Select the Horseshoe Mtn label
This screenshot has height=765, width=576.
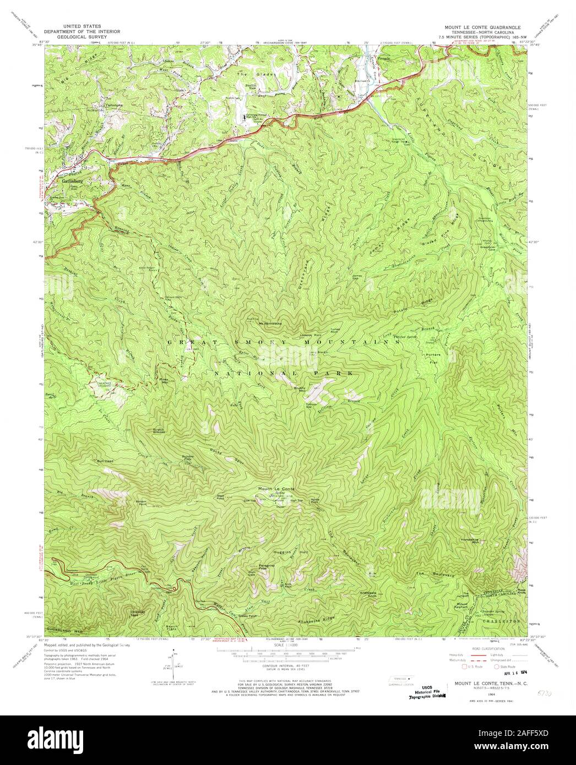point(472,542)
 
